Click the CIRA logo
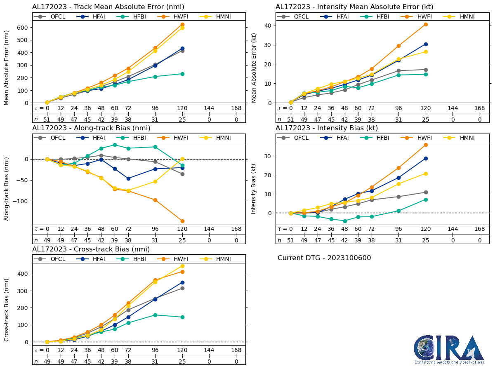[449, 349]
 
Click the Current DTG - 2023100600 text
[324, 258]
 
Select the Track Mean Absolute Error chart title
[108, 7]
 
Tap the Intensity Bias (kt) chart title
[327, 128]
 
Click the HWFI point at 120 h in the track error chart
[182, 24]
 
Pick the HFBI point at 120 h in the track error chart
[182, 74]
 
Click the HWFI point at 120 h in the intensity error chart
[426, 24]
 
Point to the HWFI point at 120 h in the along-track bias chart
[182, 221]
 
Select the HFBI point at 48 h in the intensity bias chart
[345, 221]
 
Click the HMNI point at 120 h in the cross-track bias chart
[182, 266]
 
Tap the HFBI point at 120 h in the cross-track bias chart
[182, 317]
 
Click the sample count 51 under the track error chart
[47, 119]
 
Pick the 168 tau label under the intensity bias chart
[479, 229]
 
